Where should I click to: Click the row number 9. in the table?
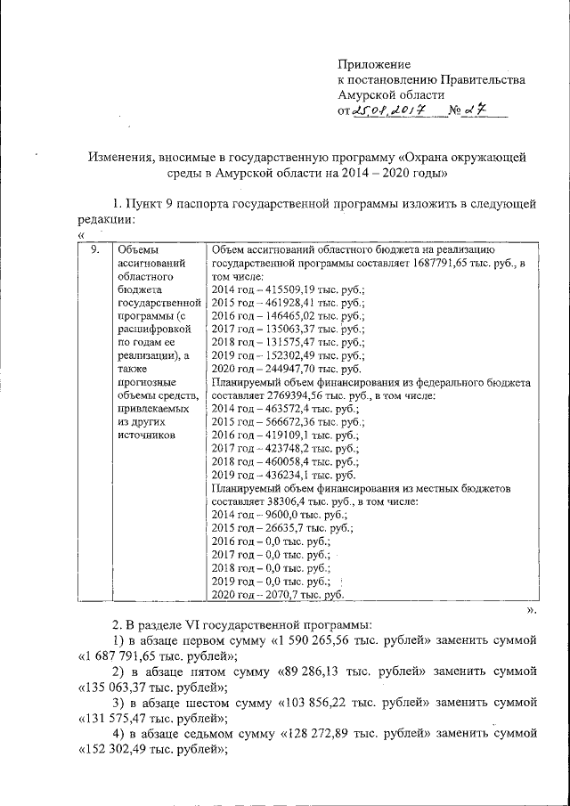click(x=97, y=248)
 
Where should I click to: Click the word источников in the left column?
click(x=148, y=436)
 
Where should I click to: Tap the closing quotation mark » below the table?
click(x=531, y=611)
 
